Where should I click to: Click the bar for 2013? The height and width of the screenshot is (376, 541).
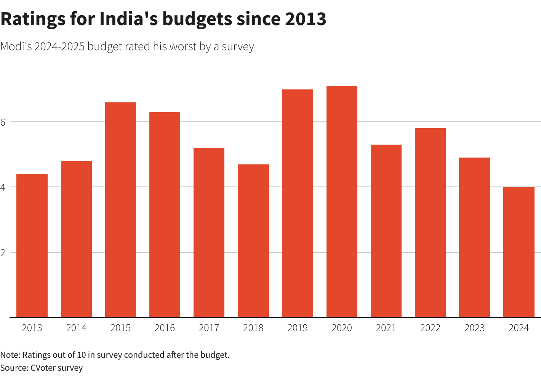coord(32,245)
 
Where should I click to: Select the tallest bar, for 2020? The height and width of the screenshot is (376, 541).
coord(342,202)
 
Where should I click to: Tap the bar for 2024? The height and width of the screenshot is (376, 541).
coord(519,252)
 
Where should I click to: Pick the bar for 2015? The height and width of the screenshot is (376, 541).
coord(120,210)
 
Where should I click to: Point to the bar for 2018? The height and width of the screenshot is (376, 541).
coord(253,241)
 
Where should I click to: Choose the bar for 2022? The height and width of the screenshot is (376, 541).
coord(430,223)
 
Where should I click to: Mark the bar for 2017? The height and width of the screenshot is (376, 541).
coord(209,233)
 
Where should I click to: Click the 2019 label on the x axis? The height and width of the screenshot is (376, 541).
coord(298,328)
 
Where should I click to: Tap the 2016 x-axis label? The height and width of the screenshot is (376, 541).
coord(165,328)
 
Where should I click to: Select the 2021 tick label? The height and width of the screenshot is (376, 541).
coord(386,328)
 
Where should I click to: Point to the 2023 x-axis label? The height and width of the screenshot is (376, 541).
coord(474,328)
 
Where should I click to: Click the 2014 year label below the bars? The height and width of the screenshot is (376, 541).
coord(76,328)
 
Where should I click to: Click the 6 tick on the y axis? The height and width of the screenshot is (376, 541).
coord(3,122)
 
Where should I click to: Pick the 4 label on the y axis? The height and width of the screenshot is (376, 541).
coord(3,187)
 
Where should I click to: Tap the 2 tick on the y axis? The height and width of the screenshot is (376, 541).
coord(3,253)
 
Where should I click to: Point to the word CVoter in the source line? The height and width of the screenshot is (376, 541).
coord(43,368)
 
